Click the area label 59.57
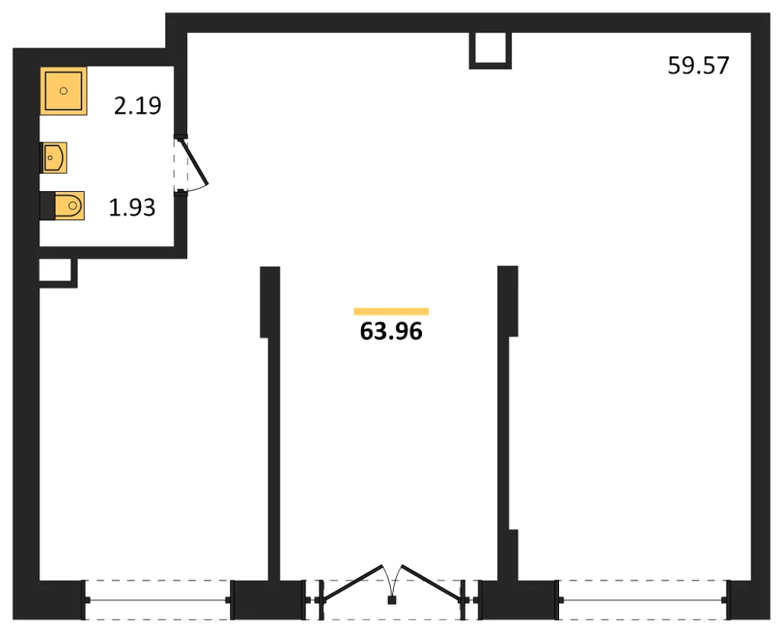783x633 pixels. pyautogui.click(x=698, y=66)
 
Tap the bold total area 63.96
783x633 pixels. pyautogui.click(x=391, y=331)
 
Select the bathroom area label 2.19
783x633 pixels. pyautogui.click(x=137, y=106)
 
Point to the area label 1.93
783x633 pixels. pyautogui.click(x=132, y=208)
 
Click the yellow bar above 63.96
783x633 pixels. pyautogui.click(x=391, y=312)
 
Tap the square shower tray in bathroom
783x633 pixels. pyautogui.click(x=63, y=91)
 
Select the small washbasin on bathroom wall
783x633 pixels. pyautogui.click(x=53, y=158)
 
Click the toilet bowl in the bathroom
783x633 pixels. pyautogui.click(x=70, y=205)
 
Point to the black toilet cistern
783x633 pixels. pyautogui.click(x=48, y=205)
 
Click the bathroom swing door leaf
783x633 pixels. pyautogui.click(x=193, y=162)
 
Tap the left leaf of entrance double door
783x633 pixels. pyautogui.click(x=353, y=583)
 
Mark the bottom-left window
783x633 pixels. pyautogui.click(x=158, y=600)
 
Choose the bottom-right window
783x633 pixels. pyautogui.click(x=644, y=600)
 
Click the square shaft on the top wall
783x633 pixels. pyautogui.click(x=490, y=50)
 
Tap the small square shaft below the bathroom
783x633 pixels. pyautogui.click(x=58, y=273)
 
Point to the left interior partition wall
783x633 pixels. pyautogui.click(x=271, y=424)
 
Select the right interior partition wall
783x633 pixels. pyautogui.click(x=508, y=424)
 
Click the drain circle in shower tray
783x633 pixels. pyautogui.click(x=63, y=91)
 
